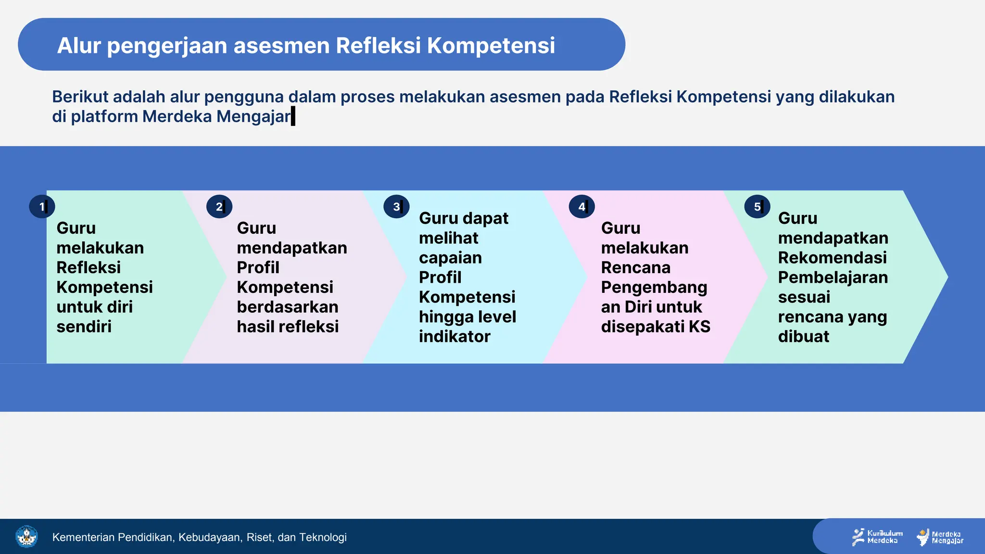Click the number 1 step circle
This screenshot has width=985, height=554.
(42, 207)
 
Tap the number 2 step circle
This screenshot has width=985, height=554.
(219, 207)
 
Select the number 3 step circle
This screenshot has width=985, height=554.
(396, 207)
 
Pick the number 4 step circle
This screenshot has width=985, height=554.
(581, 207)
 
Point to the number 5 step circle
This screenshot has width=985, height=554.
(757, 207)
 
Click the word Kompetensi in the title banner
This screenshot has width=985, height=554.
(491, 46)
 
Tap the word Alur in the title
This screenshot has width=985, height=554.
(79, 46)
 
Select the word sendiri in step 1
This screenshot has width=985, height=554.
(84, 327)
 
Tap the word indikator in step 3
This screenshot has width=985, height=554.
(455, 337)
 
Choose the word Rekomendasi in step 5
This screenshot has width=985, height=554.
(832, 258)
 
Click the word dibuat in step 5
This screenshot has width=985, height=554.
(803, 337)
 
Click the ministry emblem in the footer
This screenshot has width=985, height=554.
(26, 537)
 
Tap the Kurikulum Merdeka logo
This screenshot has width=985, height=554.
(877, 537)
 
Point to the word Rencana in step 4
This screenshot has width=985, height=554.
(635, 267)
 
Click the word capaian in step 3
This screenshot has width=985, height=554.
(450, 258)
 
